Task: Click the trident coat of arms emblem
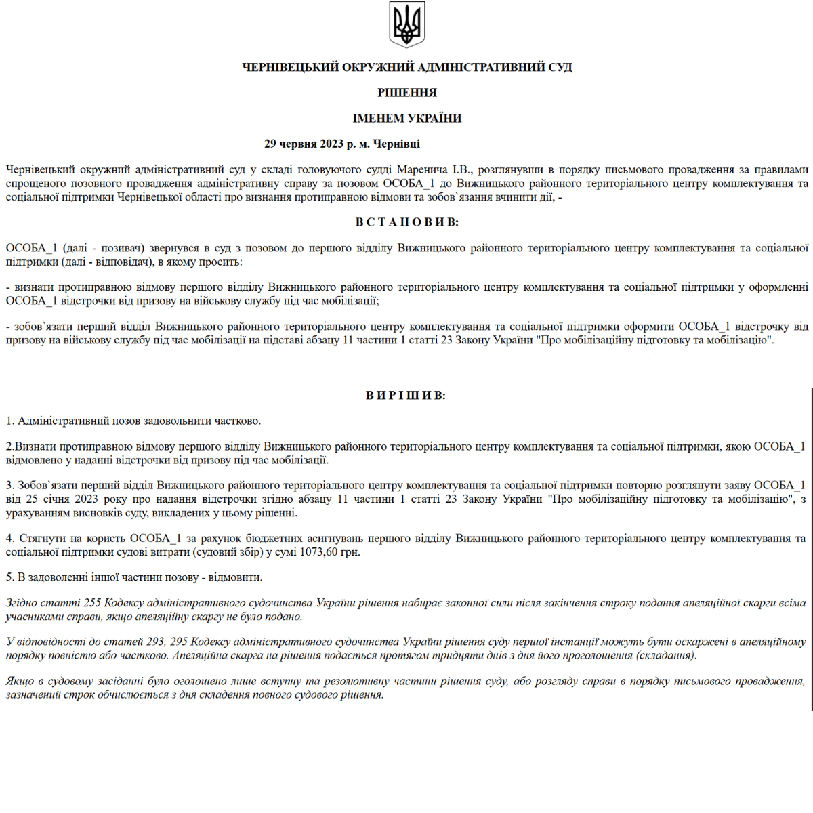(406, 24)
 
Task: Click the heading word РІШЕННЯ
(407, 93)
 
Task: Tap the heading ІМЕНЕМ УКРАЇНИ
(407, 119)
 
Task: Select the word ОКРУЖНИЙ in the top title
(379, 67)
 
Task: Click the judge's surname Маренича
(423, 169)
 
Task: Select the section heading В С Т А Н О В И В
(406, 222)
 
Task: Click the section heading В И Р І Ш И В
(406, 395)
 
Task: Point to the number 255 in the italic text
(92, 603)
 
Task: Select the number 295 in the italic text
(179, 642)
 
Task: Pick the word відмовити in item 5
(238, 577)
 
